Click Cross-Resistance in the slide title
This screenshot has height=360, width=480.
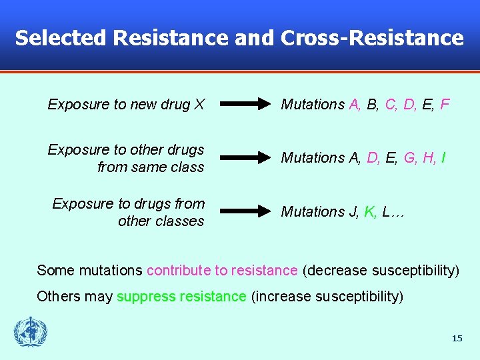click(372, 38)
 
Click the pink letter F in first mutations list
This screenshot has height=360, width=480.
click(445, 105)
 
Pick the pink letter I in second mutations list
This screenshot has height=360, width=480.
click(443, 158)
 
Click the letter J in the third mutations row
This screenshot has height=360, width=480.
click(353, 211)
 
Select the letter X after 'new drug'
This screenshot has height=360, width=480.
click(199, 105)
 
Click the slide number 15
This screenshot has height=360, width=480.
click(457, 339)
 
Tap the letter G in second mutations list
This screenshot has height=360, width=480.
click(409, 158)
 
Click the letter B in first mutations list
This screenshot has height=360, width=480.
click(371, 105)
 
